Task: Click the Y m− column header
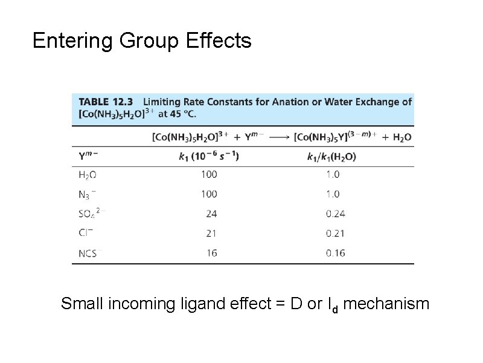88,155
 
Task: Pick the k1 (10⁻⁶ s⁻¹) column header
209,156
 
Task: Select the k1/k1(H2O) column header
331,156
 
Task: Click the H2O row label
88,175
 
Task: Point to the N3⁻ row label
87,194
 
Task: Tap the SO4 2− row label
91,214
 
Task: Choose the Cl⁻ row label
86,233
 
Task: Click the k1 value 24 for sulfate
211,214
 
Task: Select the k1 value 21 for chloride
211,233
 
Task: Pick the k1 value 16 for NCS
211,253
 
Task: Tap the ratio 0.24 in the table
335,214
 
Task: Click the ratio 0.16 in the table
335,253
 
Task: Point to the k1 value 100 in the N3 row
209,194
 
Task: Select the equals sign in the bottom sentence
280,303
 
